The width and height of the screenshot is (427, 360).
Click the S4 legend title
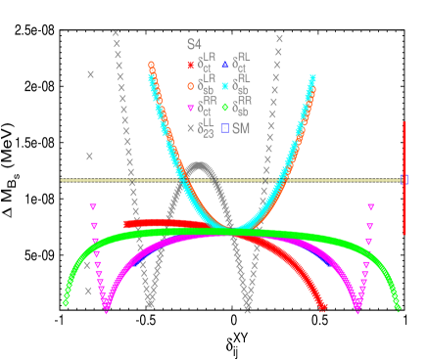pos(194,45)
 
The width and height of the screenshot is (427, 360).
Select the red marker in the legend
pos(191,66)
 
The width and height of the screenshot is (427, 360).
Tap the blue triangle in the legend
pos(225,65)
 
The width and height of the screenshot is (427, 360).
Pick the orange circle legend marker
pos(191,86)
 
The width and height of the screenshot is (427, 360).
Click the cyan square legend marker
pos(225,86)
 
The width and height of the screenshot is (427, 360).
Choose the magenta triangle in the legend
pos(191,108)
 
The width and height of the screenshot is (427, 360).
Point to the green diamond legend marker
pos(225,108)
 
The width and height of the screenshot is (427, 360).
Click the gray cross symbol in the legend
pos(191,128)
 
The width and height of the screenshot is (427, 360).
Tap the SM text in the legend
pos(241,128)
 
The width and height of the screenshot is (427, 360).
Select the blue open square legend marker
pos(225,128)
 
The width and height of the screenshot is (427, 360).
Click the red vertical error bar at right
pos(404,178)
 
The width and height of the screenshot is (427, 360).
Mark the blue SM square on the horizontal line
pos(404,180)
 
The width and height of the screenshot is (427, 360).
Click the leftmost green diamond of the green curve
pos(66,303)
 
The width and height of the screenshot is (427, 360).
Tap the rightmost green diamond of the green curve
pos(398,307)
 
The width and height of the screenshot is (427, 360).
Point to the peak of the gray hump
pos(201,165)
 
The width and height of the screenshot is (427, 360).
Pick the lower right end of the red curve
pos(323,307)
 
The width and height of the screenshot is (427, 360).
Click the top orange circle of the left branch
pos(151,65)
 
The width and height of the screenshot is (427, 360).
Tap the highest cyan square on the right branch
pos(313,77)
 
